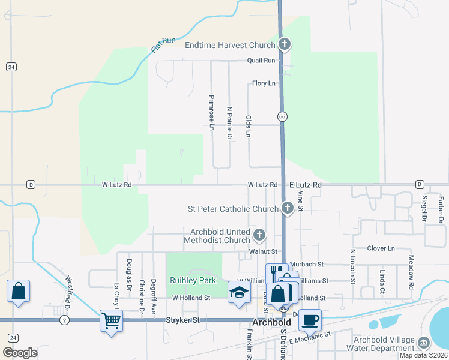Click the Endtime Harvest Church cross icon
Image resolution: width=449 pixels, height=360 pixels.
(285, 44)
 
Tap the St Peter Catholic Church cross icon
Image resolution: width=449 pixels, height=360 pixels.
(287, 209)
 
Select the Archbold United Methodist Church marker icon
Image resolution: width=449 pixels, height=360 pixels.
(259, 235)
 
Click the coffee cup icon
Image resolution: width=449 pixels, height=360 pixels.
(310, 319)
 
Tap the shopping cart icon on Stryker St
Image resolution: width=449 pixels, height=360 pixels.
(111, 320)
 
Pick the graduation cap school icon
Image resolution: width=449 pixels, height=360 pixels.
(239, 292)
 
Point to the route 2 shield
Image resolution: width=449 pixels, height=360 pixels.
(64, 321)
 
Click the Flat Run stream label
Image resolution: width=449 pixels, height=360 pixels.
(163, 45)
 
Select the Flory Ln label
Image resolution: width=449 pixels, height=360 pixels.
(264, 83)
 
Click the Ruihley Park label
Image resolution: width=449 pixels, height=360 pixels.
(193, 280)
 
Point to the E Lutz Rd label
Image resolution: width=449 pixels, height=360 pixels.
(305, 185)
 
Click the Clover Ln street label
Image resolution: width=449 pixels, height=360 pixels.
(381, 248)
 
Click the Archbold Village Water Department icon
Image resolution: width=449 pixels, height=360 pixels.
(424, 343)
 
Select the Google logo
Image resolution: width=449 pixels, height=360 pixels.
(20, 353)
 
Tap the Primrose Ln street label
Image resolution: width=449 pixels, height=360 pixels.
(211, 112)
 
